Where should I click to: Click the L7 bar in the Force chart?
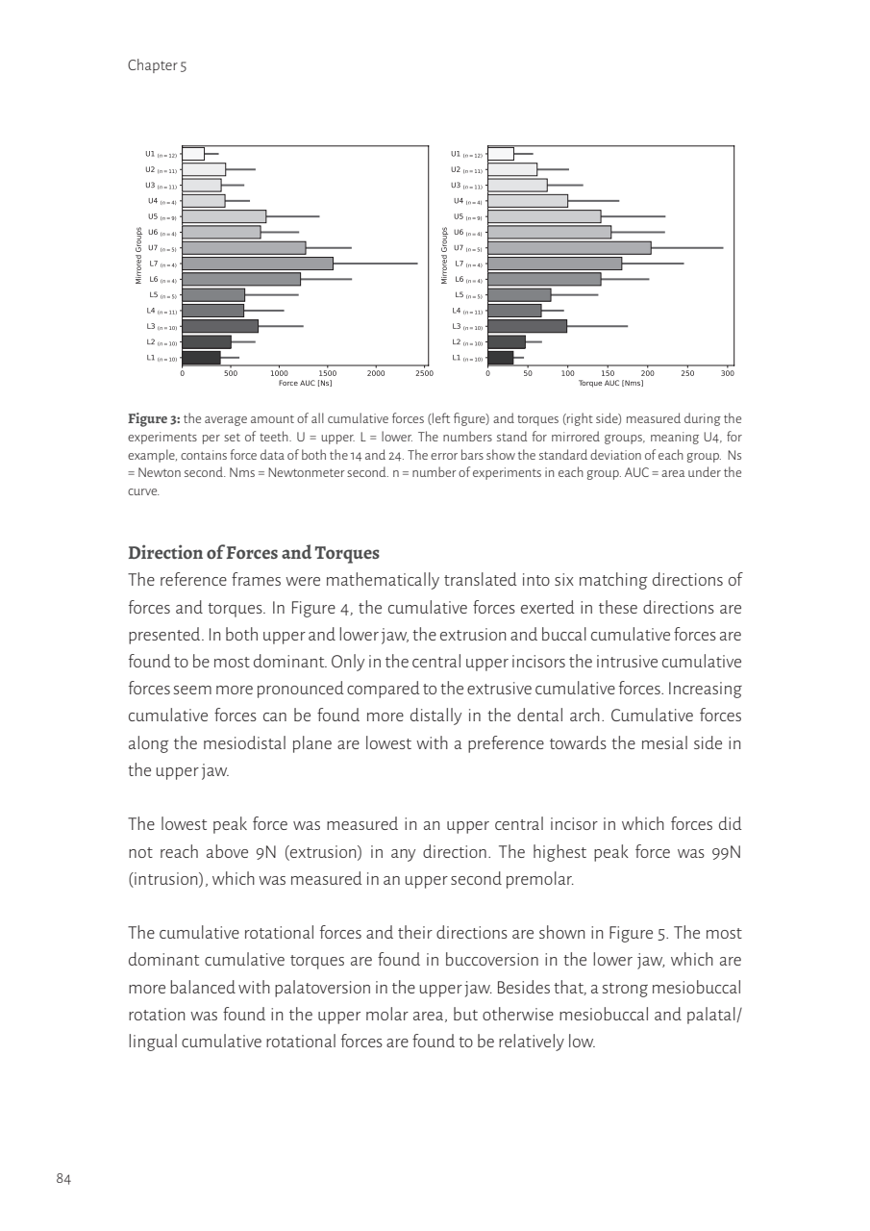pos(258,264)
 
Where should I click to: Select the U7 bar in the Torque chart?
pos(569,248)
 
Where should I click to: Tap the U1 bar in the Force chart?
pos(193,154)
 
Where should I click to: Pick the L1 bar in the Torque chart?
pos(501,358)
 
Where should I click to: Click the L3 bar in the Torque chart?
pos(527,326)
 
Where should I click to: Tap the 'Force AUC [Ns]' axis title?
pos(305,383)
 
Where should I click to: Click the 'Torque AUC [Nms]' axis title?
pos(610,383)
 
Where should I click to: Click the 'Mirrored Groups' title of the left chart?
pos(138,256)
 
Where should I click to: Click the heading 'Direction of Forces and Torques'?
pos(254,554)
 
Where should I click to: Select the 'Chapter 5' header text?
pos(157,66)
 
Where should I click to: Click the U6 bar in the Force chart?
pos(221,232)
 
